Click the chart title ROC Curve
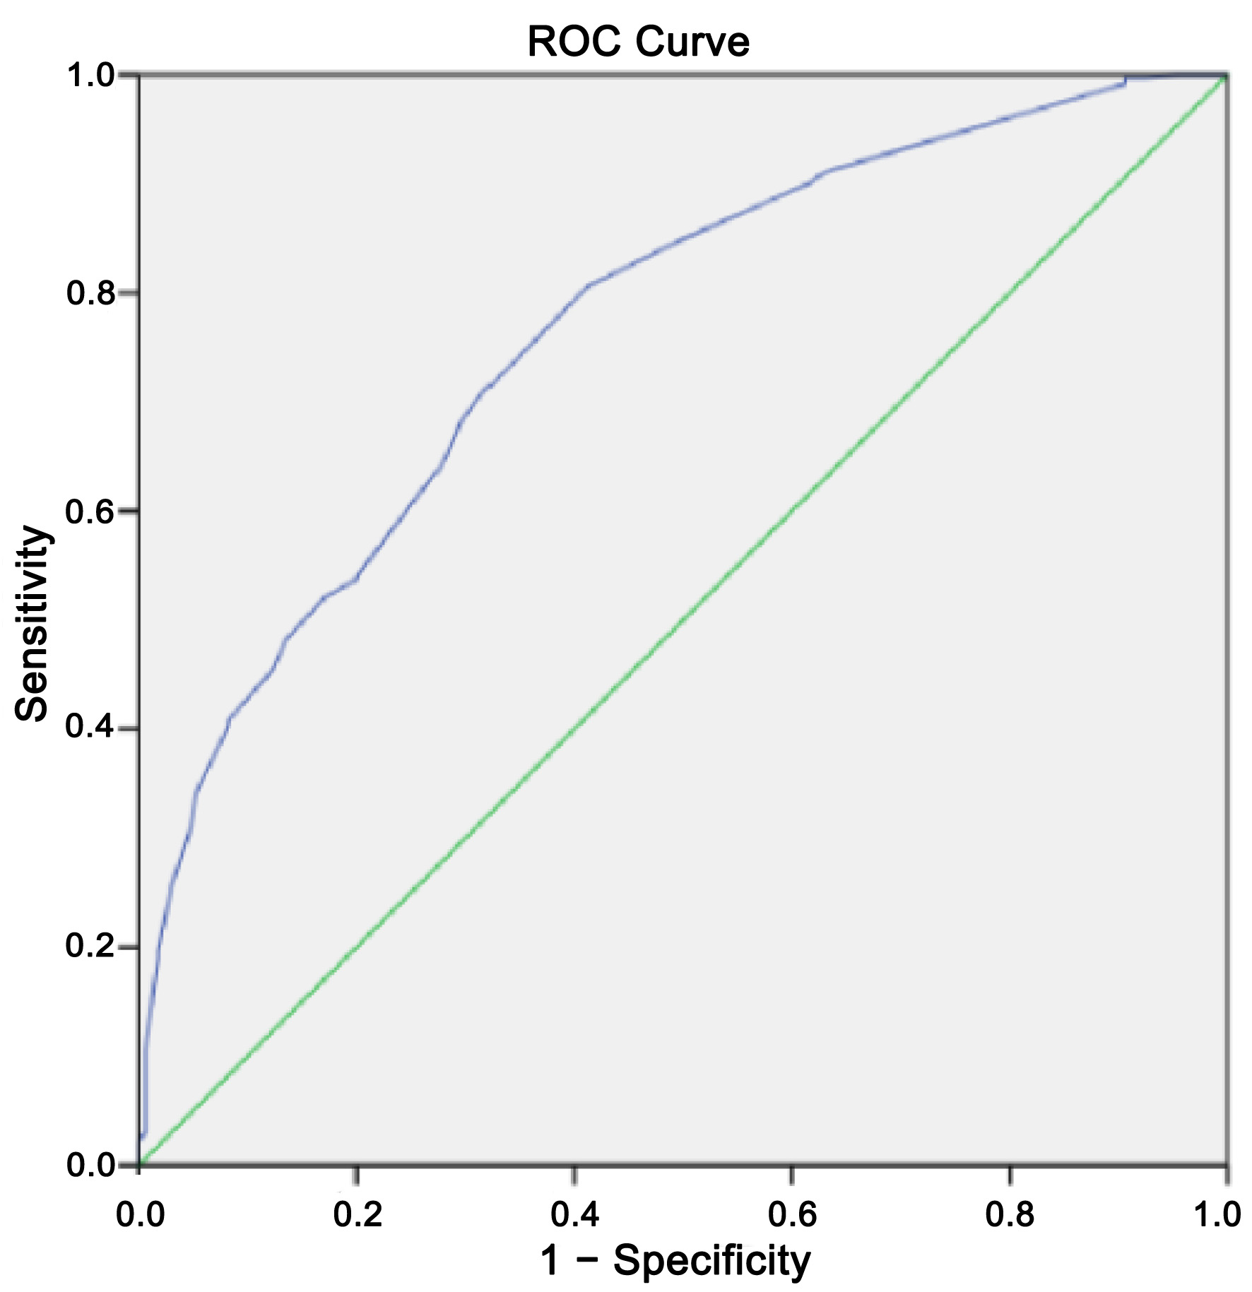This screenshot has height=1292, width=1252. tap(638, 42)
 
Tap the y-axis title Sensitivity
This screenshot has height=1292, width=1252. tap(33, 623)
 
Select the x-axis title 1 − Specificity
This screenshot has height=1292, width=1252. tap(675, 1260)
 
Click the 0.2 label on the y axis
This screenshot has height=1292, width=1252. tap(90, 947)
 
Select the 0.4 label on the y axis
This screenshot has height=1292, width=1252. tap(90, 728)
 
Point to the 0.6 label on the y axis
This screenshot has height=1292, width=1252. tap(90, 511)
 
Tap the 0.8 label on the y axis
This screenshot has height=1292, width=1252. tap(90, 293)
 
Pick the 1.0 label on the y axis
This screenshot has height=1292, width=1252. tap(90, 76)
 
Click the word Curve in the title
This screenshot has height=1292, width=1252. tap(692, 42)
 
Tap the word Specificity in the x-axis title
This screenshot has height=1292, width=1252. tap(712, 1260)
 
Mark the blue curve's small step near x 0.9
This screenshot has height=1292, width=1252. tap(1125, 81)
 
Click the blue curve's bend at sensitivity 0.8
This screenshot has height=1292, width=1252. tap(586, 285)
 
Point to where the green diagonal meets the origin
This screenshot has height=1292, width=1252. tap(140, 1163)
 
